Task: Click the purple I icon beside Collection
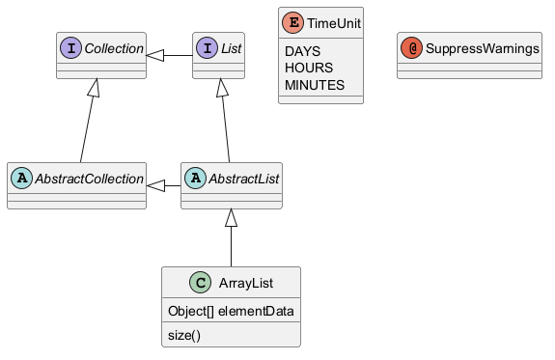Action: click(x=70, y=48)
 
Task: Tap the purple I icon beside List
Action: click(x=208, y=48)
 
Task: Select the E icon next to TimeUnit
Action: click(x=292, y=22)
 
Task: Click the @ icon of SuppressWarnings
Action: click(x=411, y=48)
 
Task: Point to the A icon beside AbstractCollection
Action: click(x=21, y=178)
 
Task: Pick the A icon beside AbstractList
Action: click(x=195, y=178)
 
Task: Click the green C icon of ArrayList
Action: click(x=201, y=283)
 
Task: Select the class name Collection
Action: click(x=114, y=48)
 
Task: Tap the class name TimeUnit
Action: click(x=334, y=23)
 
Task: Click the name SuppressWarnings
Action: click(x=483, y=48)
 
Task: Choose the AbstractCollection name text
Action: click(x=89, y=179)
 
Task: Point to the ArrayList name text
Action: click(x=246, y=283)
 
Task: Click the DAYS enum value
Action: click(x=303, y=51)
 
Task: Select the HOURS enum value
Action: click(x=309, y=68)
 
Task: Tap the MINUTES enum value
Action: click(x=315, y=85)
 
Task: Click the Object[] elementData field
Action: click(x=231, y=311)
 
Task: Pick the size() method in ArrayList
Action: click(x=184, y=335)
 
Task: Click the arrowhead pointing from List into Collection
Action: click(x=155, y=55)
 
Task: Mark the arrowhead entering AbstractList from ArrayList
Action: click(x=231, y=218)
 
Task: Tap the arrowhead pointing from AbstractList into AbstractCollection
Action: click(x=155, y=185)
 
